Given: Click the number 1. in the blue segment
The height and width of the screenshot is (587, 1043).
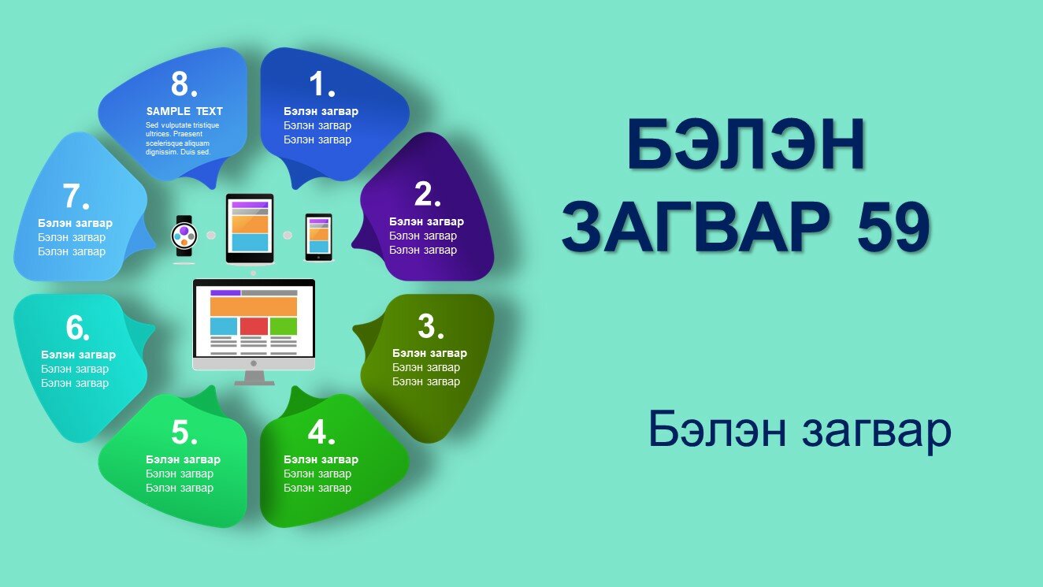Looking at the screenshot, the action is [322, 84].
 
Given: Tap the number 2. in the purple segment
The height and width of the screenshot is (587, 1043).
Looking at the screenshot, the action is [428, 194].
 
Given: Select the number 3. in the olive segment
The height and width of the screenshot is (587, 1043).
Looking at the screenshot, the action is [431, 325].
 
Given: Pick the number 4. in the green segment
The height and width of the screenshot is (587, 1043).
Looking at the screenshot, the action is [321, 432].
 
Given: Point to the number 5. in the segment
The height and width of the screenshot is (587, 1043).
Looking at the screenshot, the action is [184, 432].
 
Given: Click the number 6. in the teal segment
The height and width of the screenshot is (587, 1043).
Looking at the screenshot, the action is [77, 327].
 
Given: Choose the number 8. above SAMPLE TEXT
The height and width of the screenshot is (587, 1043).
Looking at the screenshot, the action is [184, 84].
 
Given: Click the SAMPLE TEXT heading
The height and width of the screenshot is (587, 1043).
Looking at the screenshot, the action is [184, 111].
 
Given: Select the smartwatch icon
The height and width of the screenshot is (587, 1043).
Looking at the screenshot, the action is [184, 236].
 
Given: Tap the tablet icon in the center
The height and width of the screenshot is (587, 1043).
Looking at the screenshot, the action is [250, 228].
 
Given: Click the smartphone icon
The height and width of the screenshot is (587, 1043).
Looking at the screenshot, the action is [318, 237].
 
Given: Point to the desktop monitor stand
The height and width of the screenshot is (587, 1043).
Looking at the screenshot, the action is [254, 378].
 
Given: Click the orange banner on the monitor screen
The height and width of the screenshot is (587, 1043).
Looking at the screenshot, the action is [254, 307].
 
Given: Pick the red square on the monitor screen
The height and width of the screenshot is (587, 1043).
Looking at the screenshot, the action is [254, 326].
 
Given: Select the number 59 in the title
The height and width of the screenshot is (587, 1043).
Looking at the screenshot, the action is [893, 227].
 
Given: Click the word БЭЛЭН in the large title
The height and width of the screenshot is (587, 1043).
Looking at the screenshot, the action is [746, 144].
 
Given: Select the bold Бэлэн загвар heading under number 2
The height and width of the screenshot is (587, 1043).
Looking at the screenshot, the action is [426, 221].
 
